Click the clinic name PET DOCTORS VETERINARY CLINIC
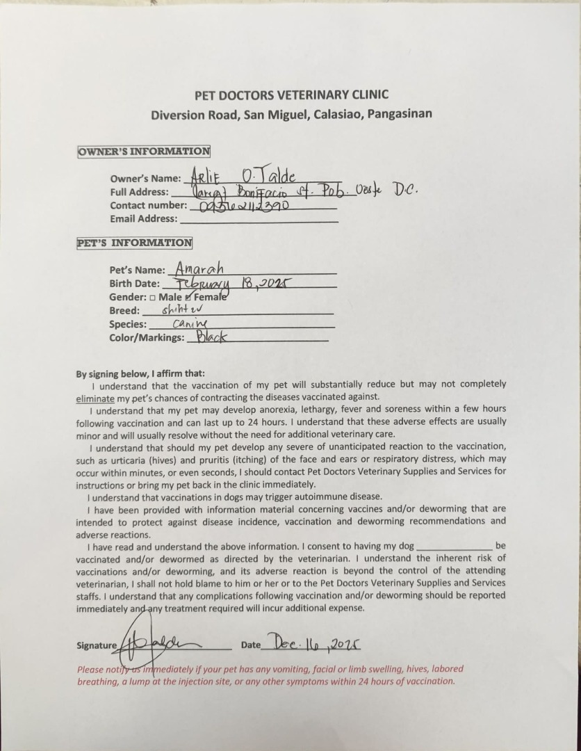coord(291,95)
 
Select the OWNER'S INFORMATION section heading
coord(144,151)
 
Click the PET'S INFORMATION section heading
coord(134,243)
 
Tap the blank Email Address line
coord(258,219)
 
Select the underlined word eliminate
coord(95,398)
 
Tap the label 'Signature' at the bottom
coord(97,645)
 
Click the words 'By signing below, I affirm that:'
coord(140,373)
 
